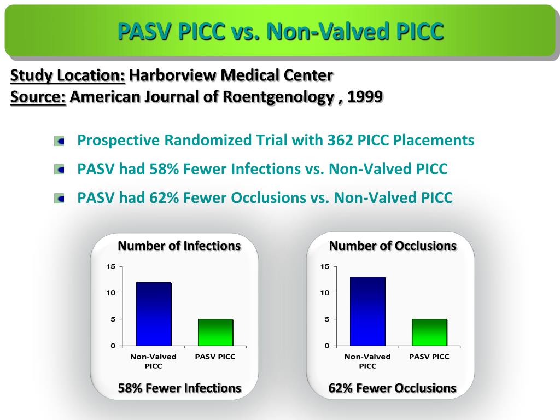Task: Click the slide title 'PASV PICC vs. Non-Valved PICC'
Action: coord(280,32)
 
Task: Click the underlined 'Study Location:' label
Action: coord(68,75)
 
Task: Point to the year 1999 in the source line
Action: coord(365,97)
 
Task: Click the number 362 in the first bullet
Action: coord(340,141)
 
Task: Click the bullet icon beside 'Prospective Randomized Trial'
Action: coord(60,141)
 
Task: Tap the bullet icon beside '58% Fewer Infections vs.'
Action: coord(60,170)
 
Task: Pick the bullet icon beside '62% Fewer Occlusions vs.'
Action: coord(60,198)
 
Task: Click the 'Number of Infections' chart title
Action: coord(179,246)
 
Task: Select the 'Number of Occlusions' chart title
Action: coord(393,246)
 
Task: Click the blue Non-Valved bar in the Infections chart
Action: coord(154,314)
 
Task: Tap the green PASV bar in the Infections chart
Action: coord(215,332)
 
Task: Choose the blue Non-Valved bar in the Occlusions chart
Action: coord(367,311)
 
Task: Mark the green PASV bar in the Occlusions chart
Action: coord(429,332)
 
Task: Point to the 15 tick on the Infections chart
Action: coord(111,267)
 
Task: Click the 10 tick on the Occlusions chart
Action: coord(325,293)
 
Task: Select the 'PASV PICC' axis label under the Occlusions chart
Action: coord(429,357)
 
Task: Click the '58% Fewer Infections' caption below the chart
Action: coord(179,388)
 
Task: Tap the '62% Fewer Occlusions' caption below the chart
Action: coord(392,388)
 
